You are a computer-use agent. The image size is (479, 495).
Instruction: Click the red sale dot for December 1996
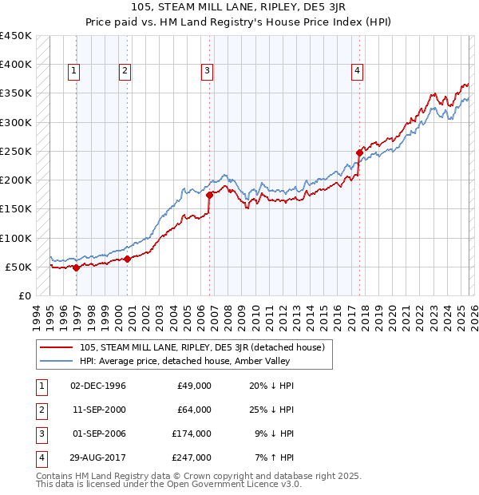[x=77, y=268]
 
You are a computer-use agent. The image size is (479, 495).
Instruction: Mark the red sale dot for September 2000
[x=128, y=259]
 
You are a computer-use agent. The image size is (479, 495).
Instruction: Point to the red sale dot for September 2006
[x=209, y=195]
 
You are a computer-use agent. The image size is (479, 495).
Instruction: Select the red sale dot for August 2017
[x=359, y=152]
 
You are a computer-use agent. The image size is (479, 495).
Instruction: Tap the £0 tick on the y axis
[x=26, y=296]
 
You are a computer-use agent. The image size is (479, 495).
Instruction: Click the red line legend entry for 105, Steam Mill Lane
[x=201, y=347]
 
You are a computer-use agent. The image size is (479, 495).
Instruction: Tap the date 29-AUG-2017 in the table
[x=98, y=457]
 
